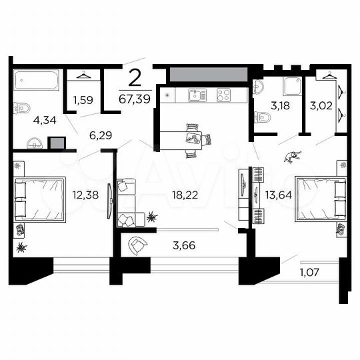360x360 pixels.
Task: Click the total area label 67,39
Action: coord(135,98)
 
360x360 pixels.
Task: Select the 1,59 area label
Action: coord(83,102)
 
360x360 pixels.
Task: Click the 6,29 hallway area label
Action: coord(101,135)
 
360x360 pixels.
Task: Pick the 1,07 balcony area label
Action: coord(309,272)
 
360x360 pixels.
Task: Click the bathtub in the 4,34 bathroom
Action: coord(36,83)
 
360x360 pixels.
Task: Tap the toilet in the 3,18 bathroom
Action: coord(261,118)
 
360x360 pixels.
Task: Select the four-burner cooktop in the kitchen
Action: coord(223,95)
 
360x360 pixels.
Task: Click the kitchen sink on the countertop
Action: coord(195,95)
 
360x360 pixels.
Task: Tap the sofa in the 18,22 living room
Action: coord(127,201)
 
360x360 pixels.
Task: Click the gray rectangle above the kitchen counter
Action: coord(208,73)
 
